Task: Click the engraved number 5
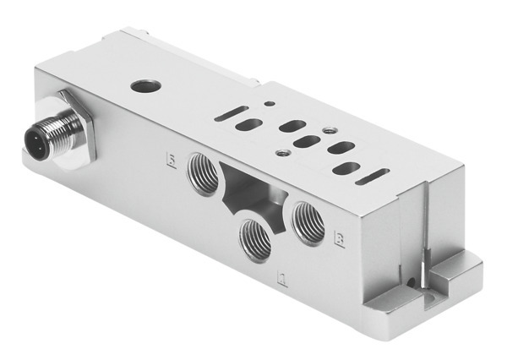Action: (x=172, y=159)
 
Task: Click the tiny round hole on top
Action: (x=269, y=104)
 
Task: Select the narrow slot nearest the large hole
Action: (x=231, y=113)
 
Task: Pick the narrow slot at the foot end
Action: (x=372, y=176)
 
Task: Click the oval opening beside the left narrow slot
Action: (x=248, y=125)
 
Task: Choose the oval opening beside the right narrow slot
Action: (x=343, y=167)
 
